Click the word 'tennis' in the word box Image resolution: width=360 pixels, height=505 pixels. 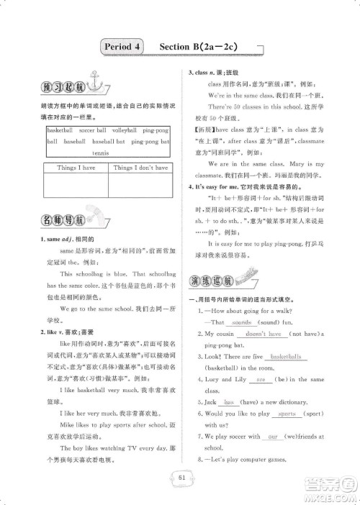click(x=101, y=153)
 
